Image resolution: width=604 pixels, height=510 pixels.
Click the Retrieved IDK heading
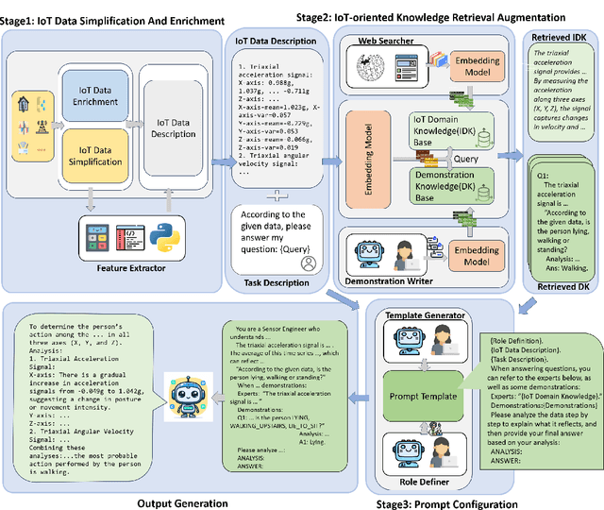coord(559,37)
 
